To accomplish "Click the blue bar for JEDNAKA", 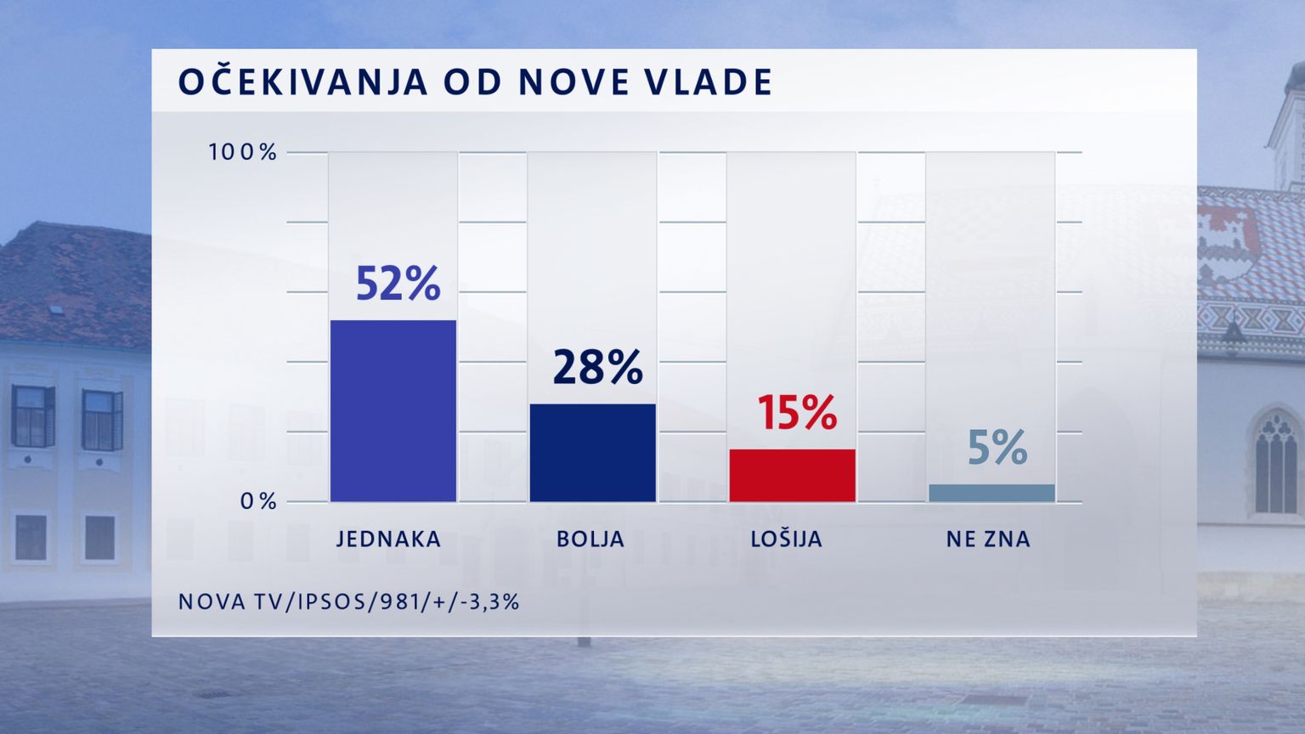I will click(393, 411).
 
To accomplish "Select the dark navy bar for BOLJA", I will click(593, 453).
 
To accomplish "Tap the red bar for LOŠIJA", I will click(792, 475).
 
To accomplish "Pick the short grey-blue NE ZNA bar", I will click(991, 493).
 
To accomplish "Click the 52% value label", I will click(398, 284).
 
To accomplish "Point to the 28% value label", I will click(597, 367).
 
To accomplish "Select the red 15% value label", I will click(797, 412).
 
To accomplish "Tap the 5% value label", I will click(997, 448).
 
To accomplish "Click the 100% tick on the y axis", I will click(243, 153).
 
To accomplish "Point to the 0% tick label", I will click(258, 502).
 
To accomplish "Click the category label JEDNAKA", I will click(389, 539).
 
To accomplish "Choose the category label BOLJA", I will click(590, 539).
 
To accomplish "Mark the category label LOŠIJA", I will click(787, 539).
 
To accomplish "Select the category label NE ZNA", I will click(988, 539).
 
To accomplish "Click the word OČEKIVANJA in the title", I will click(302, 82).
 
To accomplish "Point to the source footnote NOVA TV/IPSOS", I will click(348, 602).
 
